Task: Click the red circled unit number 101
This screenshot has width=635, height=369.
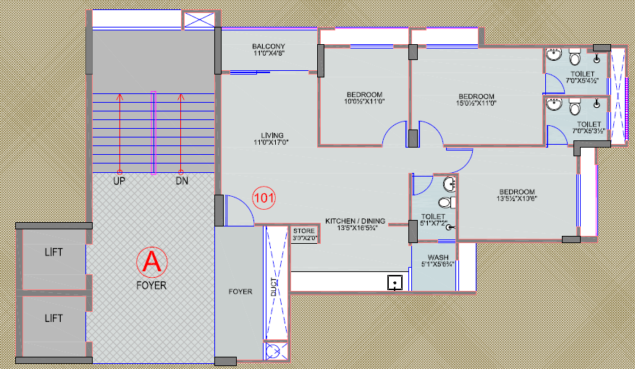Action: coord(264,198)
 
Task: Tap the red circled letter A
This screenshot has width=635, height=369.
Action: coord(152,262)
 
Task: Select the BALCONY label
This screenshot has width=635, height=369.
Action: coord(269,46)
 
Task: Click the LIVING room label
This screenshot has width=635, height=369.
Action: coord(272,135)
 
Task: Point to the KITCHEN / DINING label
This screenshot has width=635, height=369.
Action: coord(356,221)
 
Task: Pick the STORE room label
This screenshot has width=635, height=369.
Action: coord(304,231)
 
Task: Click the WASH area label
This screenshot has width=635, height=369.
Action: coord(438,258)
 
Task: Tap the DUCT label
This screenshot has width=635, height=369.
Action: coord(274,287)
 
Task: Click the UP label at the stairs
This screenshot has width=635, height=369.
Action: coord(119,181)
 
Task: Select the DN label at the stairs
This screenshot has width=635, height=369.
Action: coord(182,181)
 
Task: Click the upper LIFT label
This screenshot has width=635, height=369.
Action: coord(54,253)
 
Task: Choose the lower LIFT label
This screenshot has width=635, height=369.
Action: coord(54,318)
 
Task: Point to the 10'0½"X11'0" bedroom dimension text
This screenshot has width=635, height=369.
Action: coord(364,101)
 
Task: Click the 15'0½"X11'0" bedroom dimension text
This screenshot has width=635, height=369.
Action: coord(476,103)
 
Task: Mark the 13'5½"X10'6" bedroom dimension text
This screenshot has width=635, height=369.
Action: coord(517,199)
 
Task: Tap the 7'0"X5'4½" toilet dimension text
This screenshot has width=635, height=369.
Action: coord(582,80)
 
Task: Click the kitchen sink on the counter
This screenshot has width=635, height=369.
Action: coord(395,282)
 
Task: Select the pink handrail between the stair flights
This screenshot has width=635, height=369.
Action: coord(154,132)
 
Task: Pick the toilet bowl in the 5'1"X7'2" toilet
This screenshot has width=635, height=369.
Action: coord(445,202)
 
